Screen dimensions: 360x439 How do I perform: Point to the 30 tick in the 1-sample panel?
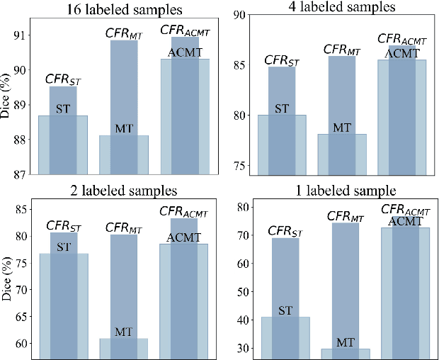pyautogui.click(x=243, y=348)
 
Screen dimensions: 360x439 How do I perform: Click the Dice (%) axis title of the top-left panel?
pyautogui.click(x=6, y=104)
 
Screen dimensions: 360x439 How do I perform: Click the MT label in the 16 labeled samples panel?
pyautogui.click(x=124, y=128)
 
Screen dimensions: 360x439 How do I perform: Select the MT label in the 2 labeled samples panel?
pyautogui.click(x=124, y=332)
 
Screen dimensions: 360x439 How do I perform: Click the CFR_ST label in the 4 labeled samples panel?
pyautogui.click(x=282, y=60)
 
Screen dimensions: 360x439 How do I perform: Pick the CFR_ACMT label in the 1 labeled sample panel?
pyautogui.click(x=406, y=210)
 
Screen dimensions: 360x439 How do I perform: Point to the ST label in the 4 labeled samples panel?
pyautogui.click(x=282, y=108)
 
